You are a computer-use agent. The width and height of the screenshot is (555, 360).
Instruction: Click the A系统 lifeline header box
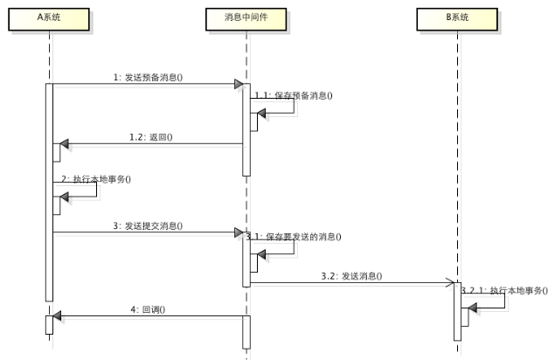tap(50, 18)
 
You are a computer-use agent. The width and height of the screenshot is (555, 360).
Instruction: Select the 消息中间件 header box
tap(246, 18)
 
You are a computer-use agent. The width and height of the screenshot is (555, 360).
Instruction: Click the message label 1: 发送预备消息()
tap(148, 78)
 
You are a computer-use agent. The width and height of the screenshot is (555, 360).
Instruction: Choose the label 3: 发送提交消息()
tap(148, 226)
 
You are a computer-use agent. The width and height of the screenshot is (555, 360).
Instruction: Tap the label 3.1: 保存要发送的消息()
tap(294, 236)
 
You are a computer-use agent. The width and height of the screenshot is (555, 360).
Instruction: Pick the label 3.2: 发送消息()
tap(351, 276)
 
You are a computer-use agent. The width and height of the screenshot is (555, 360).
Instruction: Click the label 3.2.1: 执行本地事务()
tap(504, 289)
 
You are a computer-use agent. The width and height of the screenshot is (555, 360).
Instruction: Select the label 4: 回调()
tap(148, 308)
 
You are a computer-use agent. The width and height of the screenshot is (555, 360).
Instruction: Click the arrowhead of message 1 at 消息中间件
tap(238, 85)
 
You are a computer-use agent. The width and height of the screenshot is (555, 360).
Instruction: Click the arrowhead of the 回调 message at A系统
tap(58, 315)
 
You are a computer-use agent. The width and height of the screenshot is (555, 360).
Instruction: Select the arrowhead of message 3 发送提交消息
tap(238, 233)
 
